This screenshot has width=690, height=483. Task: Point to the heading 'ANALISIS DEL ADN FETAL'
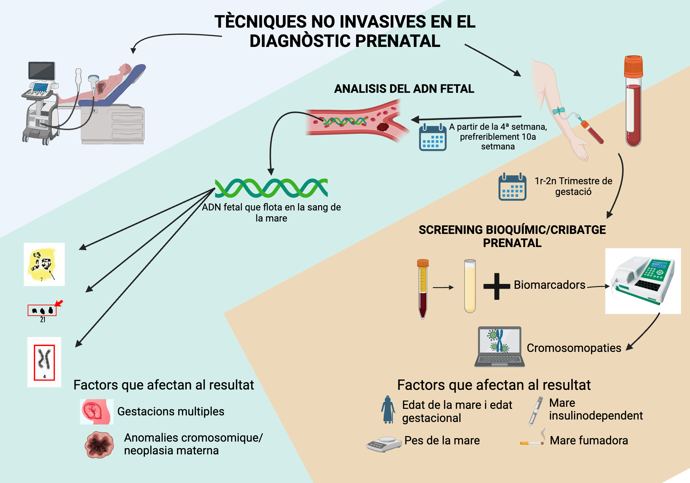pos(404,89)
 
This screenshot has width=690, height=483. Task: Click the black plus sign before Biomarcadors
pos(496,286)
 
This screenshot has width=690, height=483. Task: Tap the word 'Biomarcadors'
pos(549,285)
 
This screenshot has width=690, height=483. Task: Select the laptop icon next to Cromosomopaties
pos(499,346)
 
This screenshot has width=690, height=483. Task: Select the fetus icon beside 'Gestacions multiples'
pos(96,412)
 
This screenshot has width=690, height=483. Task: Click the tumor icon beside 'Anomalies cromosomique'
pos(99,445)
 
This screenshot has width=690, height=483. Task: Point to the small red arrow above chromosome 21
pos(59,303)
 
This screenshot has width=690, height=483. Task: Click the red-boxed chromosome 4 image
pos(44,362)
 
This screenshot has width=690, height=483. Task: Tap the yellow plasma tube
pos(470,286)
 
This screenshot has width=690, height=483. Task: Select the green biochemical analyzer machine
pos(643,281)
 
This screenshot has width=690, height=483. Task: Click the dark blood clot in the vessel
pos(383,127)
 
